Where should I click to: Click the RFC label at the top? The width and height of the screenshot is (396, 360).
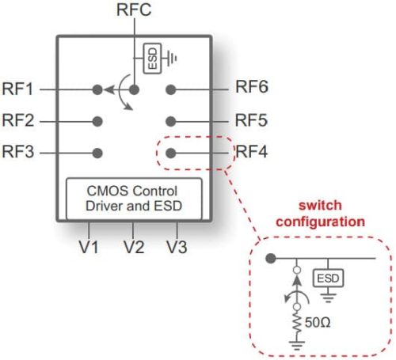click(134, 10)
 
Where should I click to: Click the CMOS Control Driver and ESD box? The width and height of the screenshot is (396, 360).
click(133, 199)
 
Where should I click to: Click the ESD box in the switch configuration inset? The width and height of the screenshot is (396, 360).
click(326, 279)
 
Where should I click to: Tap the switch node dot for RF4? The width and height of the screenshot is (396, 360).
click(170, 152)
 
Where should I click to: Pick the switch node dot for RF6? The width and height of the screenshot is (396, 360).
click(170, 89)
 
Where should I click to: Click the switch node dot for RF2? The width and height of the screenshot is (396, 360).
click(97, 121)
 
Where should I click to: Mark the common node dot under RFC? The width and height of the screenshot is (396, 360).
click(135, 89)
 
